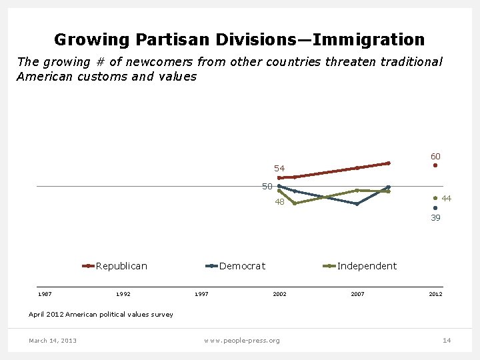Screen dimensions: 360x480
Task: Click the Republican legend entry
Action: point(121,266)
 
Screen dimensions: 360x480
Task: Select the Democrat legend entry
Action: point(242,266)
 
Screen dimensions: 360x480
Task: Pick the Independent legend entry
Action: point(367,266)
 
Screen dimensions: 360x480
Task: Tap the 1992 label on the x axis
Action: point(123,294)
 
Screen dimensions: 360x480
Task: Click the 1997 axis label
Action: point(201,294)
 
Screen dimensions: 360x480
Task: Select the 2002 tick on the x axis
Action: point(279,294)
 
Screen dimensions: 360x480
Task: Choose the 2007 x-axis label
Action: point(357,294)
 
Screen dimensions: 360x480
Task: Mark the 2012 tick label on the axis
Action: point(435,294)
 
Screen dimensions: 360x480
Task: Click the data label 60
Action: point(435,156)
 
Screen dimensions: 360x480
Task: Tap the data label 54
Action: point(279,168)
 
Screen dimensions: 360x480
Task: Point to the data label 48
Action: point(279,202)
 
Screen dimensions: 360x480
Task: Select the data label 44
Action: point(447,199)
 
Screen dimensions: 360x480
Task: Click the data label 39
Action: point(435,217)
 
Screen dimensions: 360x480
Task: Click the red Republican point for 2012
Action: point(435,165)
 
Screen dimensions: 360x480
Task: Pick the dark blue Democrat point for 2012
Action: point(435,208)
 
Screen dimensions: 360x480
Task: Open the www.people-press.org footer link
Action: point(242,341)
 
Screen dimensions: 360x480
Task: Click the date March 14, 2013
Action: point(53,341)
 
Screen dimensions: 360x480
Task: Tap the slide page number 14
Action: point(447,341)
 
